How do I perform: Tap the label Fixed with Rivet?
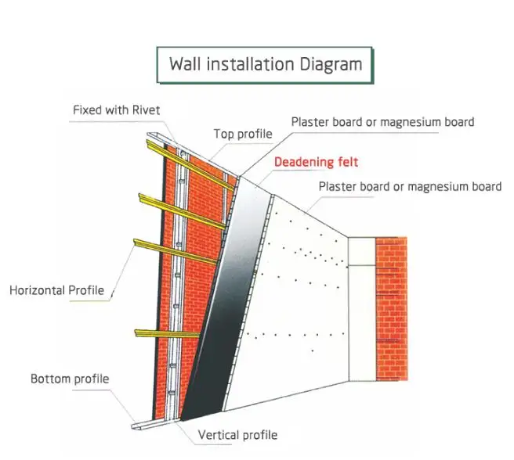[x=116, y=110]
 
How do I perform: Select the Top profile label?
[x=243, y=134]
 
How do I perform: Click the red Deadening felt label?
[x=316, y=162]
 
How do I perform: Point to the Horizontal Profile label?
[x=56, y=290]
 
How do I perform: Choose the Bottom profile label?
[x=70, y=379]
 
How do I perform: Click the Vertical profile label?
[x=237, y=435]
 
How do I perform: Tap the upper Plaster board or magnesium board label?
[x=382, y=122]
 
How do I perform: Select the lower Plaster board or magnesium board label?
[x=410, y=186]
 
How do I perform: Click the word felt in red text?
[x=346, y=162]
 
